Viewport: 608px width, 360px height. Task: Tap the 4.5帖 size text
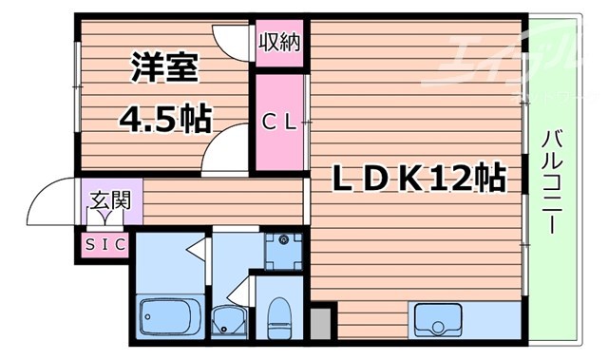click(163, 119)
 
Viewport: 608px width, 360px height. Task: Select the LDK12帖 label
click(417, 178)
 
